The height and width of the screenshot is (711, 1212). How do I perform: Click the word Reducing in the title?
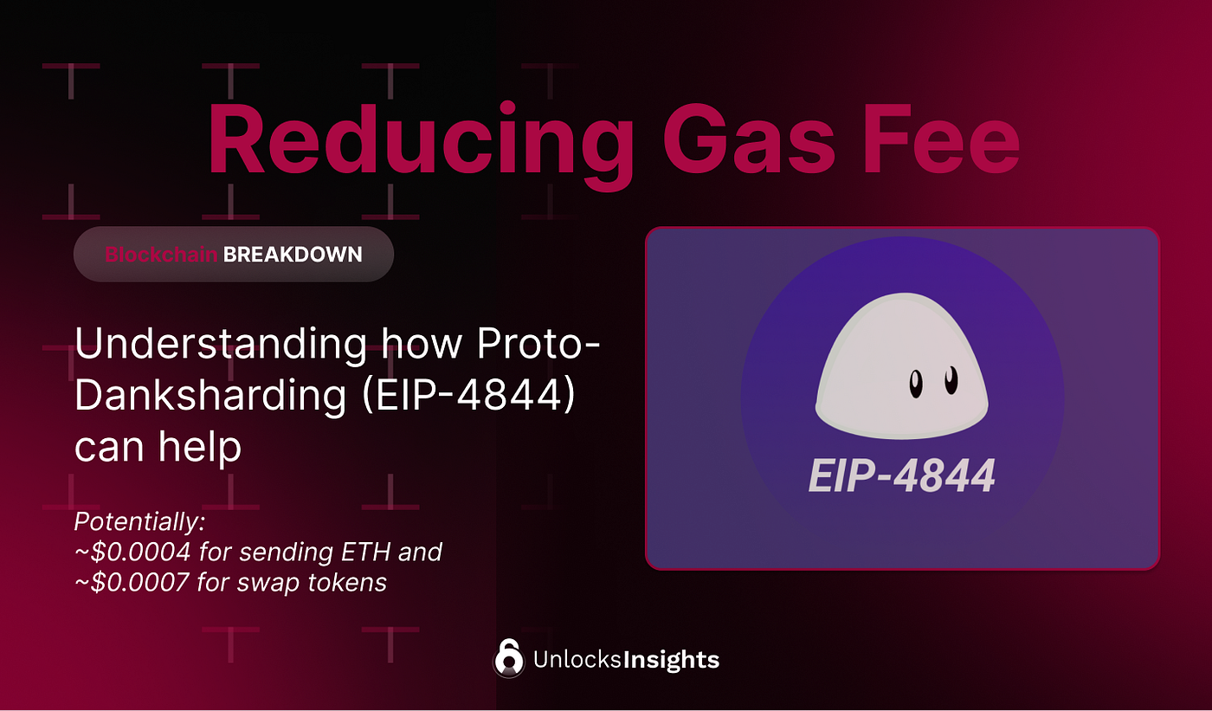[x=421, y=145]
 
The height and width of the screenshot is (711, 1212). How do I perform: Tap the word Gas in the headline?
[x=749, y=139]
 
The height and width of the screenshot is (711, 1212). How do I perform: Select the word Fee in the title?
[x=941, y=139]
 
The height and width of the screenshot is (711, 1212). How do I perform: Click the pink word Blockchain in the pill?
[x=161, y=255]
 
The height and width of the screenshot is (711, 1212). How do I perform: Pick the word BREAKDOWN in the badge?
[x=293, y=255]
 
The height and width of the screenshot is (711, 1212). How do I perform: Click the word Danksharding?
[x=210, y=396]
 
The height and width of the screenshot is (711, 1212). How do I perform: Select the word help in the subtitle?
[x=200, y=446]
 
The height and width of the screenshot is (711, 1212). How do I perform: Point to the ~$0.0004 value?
[x=132, y=552]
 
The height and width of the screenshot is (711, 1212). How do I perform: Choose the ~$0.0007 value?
[x=132, y=582]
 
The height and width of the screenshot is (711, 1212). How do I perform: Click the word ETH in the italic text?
[x=365, y=552]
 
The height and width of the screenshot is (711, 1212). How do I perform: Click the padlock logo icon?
[x=509, y=658]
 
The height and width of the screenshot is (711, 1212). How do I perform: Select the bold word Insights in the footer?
[x=672, y=660]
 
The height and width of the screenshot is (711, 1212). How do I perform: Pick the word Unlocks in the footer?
[x=577, y=659]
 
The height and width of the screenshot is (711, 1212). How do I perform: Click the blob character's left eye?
[x=916, y=385]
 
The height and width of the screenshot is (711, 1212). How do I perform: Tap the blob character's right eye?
[x=951, y=380]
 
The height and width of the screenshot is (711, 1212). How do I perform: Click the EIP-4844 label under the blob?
[x=902, y=475]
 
